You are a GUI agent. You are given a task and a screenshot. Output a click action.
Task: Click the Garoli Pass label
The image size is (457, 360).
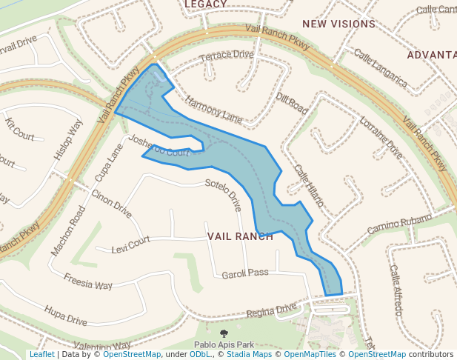[245, 273]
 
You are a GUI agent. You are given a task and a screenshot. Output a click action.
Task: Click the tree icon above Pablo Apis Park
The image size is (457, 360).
[224, 334]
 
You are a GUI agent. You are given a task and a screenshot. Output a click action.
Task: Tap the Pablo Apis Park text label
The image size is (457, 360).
[224, 345]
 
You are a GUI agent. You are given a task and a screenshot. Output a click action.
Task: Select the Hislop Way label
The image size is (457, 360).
[68, 140]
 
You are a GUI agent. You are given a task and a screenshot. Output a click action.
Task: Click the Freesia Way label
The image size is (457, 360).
[88, 282]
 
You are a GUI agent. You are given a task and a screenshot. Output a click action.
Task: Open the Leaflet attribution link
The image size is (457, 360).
[41, 355]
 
